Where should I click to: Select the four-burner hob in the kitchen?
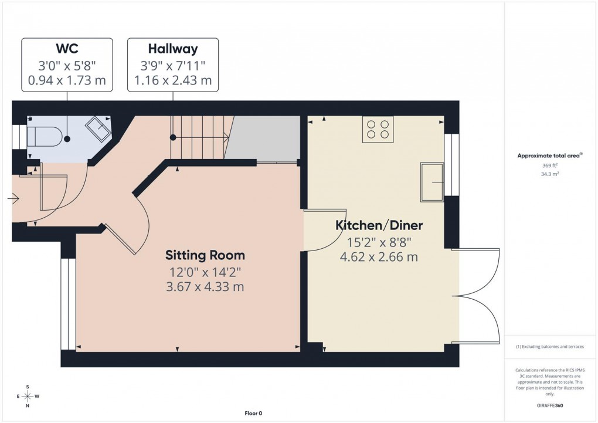coord(378,129)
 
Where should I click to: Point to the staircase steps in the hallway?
coord(199,137)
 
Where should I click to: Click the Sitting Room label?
coord(205,255)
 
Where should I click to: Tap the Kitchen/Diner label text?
coord(379,225)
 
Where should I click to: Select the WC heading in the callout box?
coord(66,49)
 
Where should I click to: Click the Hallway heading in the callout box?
coord(172,49)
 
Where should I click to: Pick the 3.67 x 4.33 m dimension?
coord(205,287)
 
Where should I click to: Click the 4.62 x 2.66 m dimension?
coord(379,256)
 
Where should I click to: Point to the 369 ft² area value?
coord(549,166)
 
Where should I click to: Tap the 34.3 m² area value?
coord(549,174)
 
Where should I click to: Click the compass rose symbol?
coord(27,397)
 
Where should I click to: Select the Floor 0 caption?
coord(253,413)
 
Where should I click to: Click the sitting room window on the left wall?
coord(69,304)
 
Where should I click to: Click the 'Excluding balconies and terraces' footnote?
coord(550,347)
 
